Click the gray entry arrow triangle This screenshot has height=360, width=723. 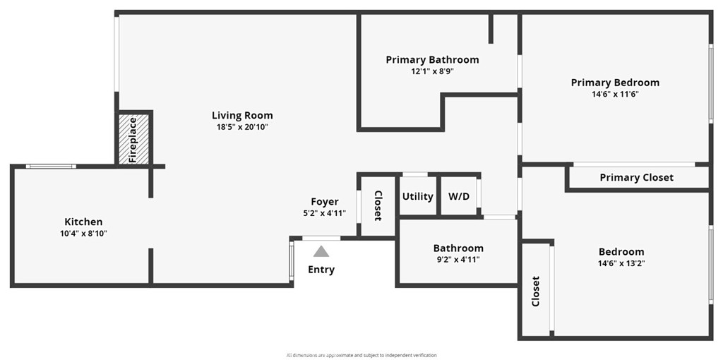(x=321, y=251)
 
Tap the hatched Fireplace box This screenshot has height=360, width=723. (x=133, y=139)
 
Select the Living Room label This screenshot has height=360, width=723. (x=242, y=115)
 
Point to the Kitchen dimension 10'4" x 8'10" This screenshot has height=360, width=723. (x=84, y=233)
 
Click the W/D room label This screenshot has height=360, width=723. (x=459, y=196)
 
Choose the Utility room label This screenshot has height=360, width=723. (x=417, y=196)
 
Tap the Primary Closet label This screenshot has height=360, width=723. (x=636, y=177)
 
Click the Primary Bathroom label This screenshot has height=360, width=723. (x=432, y=60)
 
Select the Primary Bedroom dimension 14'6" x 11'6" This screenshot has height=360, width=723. (x=615, y=94)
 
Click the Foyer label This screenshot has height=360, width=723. (x=325, y=202)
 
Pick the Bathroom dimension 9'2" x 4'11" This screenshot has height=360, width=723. (x=458, y=259)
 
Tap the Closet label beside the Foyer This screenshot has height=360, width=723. (x=378, y=205)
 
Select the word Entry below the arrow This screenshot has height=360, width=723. (x=321, y=270)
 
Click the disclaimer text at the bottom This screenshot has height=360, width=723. (x=361, y=355)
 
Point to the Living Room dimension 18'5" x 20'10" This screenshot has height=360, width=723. (x=242, y=126)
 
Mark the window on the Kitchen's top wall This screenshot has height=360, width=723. (x=51, y=167)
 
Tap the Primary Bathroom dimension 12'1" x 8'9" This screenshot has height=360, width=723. (x=432, y=71)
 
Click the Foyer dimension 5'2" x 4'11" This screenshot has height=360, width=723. (x=325, y=212)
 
